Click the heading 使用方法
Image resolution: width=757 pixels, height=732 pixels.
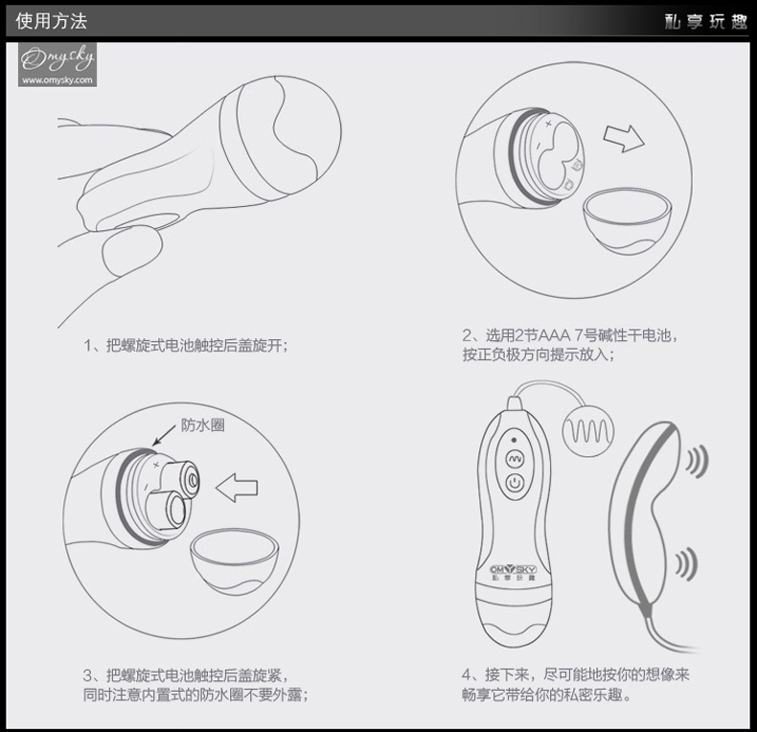[51, 21]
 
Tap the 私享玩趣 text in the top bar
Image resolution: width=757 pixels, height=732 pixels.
[705, 21]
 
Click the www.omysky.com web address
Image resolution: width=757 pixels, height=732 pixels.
[57, 80]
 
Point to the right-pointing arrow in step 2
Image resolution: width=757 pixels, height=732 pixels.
[624, 138]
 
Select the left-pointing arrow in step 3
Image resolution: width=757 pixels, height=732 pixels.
[236, 487]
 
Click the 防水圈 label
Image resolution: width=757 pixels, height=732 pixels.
[203, 424]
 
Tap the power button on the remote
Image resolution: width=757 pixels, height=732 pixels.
[515, 482]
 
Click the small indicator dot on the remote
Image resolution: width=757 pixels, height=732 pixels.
[514, 440]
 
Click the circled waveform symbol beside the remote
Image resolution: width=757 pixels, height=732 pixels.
[588, 431]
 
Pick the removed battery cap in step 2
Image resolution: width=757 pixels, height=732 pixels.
[627, 220]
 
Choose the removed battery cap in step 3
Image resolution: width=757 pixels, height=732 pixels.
[234, 560]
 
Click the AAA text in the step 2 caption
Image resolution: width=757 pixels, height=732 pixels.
[554, 335]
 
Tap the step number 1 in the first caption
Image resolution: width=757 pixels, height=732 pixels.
[88, 346]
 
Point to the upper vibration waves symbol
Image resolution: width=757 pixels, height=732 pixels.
[698, 461]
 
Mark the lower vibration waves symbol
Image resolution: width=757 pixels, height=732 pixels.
[686, 563]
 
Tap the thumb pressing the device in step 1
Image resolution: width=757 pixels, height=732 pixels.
[131, 251]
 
